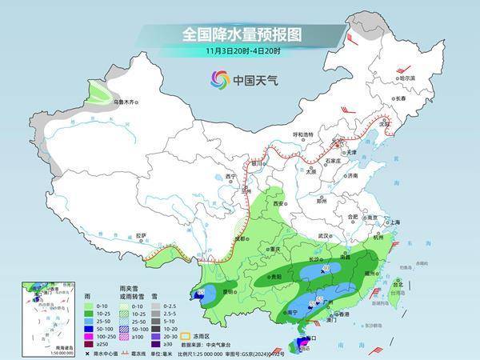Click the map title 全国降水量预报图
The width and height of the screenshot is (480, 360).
coord(239,34)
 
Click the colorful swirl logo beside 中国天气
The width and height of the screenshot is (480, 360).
coord(218,78)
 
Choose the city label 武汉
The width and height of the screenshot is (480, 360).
coord(323,237)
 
